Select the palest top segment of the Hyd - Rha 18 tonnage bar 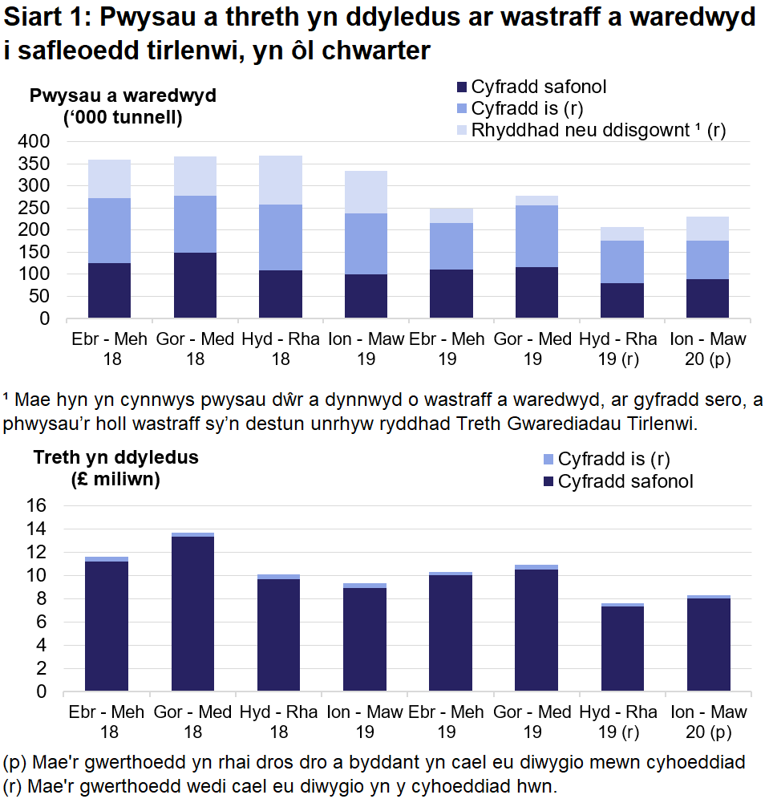[x=281, y=180]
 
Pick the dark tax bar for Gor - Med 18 [x=192, y=614]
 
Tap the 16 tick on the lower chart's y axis [x=38, y=506]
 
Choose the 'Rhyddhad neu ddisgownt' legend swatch [x=461, y=130]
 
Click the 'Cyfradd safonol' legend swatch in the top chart [x=461, y=87]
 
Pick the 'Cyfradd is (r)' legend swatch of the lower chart [x=548, y=460]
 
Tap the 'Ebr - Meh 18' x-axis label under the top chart [x=109, y=348]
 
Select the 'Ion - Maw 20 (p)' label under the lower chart [x=708, y=721]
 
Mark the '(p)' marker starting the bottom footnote [x=14, y=761]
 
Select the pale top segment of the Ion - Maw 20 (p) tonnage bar [x=707, y=229]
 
